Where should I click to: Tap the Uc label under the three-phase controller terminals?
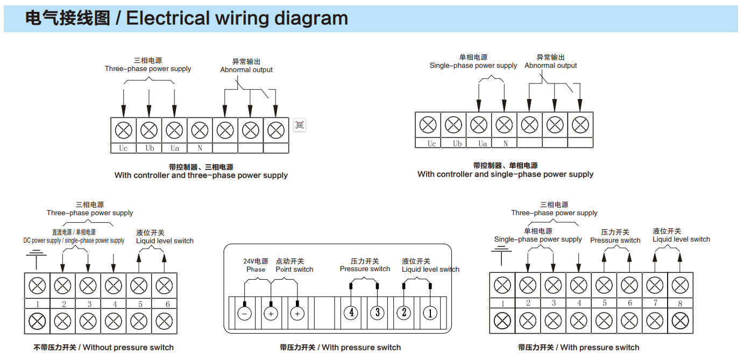[123, 148]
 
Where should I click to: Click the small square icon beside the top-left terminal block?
[300, 125]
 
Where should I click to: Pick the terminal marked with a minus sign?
[245, 313]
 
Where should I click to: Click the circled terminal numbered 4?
[351, 313]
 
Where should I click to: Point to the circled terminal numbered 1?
[429, 313]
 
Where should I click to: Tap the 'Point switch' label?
[294, 270]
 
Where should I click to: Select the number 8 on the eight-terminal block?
[680, 303]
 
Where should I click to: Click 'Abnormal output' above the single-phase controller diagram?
[550, 66]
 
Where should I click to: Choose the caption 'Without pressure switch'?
[128, 348]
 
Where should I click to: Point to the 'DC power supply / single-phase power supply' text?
[74, 241]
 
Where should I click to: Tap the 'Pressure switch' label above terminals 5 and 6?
[615, 241]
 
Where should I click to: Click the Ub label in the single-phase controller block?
[457, 144]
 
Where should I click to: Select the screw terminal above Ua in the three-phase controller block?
[174, 130]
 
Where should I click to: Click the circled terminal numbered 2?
[403, 313]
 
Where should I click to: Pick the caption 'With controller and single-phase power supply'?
[505, 174]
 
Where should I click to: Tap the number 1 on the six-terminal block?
[38, 304]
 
